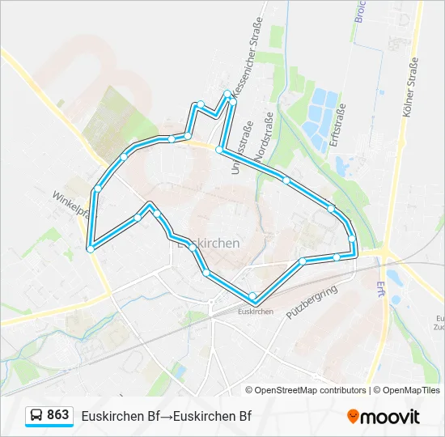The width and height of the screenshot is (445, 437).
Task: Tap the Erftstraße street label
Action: click(339, 129)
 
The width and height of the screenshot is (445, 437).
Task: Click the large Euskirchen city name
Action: click(207, 243)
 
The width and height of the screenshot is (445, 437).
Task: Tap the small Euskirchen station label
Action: click(256, 311)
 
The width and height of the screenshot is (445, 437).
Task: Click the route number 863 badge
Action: click(57, 415)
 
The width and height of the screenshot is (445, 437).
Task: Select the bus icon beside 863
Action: click(36, 416)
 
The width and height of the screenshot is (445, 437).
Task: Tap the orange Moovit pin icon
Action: click(353, 417)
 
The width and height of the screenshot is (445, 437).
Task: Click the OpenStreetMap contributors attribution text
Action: click(306, 390)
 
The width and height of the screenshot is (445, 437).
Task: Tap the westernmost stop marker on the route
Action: click(90, 249)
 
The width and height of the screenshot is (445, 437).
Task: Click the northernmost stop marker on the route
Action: click(227, 94)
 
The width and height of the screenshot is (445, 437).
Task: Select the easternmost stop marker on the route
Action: click(353, 238)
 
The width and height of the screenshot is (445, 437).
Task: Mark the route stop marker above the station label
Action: click(253, 295)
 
